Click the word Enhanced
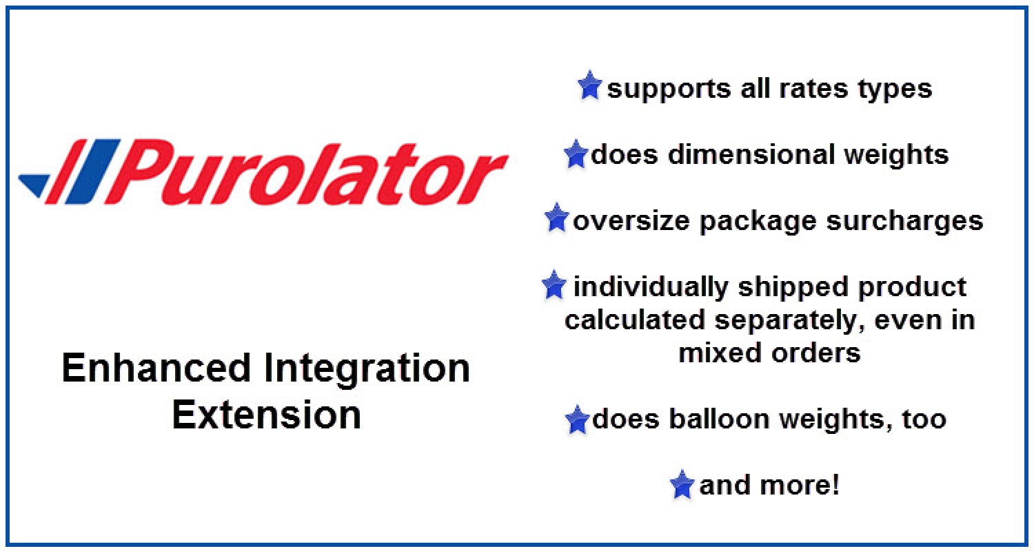[156, 368]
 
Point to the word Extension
[266, 415]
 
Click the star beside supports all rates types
[589, 85]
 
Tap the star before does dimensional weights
[576, 154]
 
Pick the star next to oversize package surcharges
[556, 218]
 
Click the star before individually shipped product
[554, 284]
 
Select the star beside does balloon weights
[577, 419]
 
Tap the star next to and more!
[682, 485]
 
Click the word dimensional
[751, 154]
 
